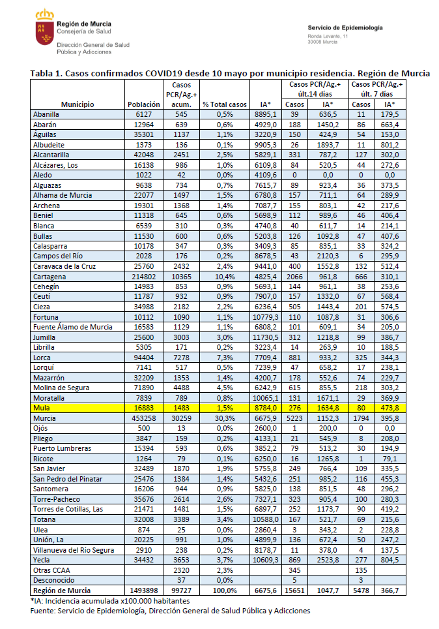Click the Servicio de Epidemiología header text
click(345, 28)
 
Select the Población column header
click(144, 104)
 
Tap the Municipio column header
click(78, 104)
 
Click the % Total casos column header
click(225, 104)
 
